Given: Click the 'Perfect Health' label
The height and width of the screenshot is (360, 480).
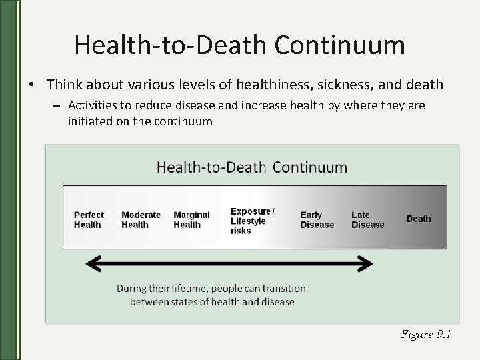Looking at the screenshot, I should (89, 219).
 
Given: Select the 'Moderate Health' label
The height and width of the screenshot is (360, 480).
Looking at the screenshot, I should (141, 219).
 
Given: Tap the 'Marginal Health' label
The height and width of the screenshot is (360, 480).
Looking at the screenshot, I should (191, 219).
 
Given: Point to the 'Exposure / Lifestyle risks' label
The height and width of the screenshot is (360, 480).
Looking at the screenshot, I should (252, 221).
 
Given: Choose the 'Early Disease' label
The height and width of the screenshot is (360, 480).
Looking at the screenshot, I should (317, 219).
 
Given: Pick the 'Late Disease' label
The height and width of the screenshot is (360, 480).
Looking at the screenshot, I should (368, 219).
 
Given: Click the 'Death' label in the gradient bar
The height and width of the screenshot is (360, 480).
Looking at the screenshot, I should (419, 219).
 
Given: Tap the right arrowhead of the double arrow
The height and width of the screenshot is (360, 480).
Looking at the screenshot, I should (365, 264).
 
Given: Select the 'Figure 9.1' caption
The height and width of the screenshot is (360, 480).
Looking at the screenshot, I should (426, 335).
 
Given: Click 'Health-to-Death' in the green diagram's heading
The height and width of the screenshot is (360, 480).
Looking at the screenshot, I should (211, 167).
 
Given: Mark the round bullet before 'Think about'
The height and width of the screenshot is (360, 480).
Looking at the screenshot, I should (31, 85).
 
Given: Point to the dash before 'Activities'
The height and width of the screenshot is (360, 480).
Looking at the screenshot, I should (59, 105).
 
